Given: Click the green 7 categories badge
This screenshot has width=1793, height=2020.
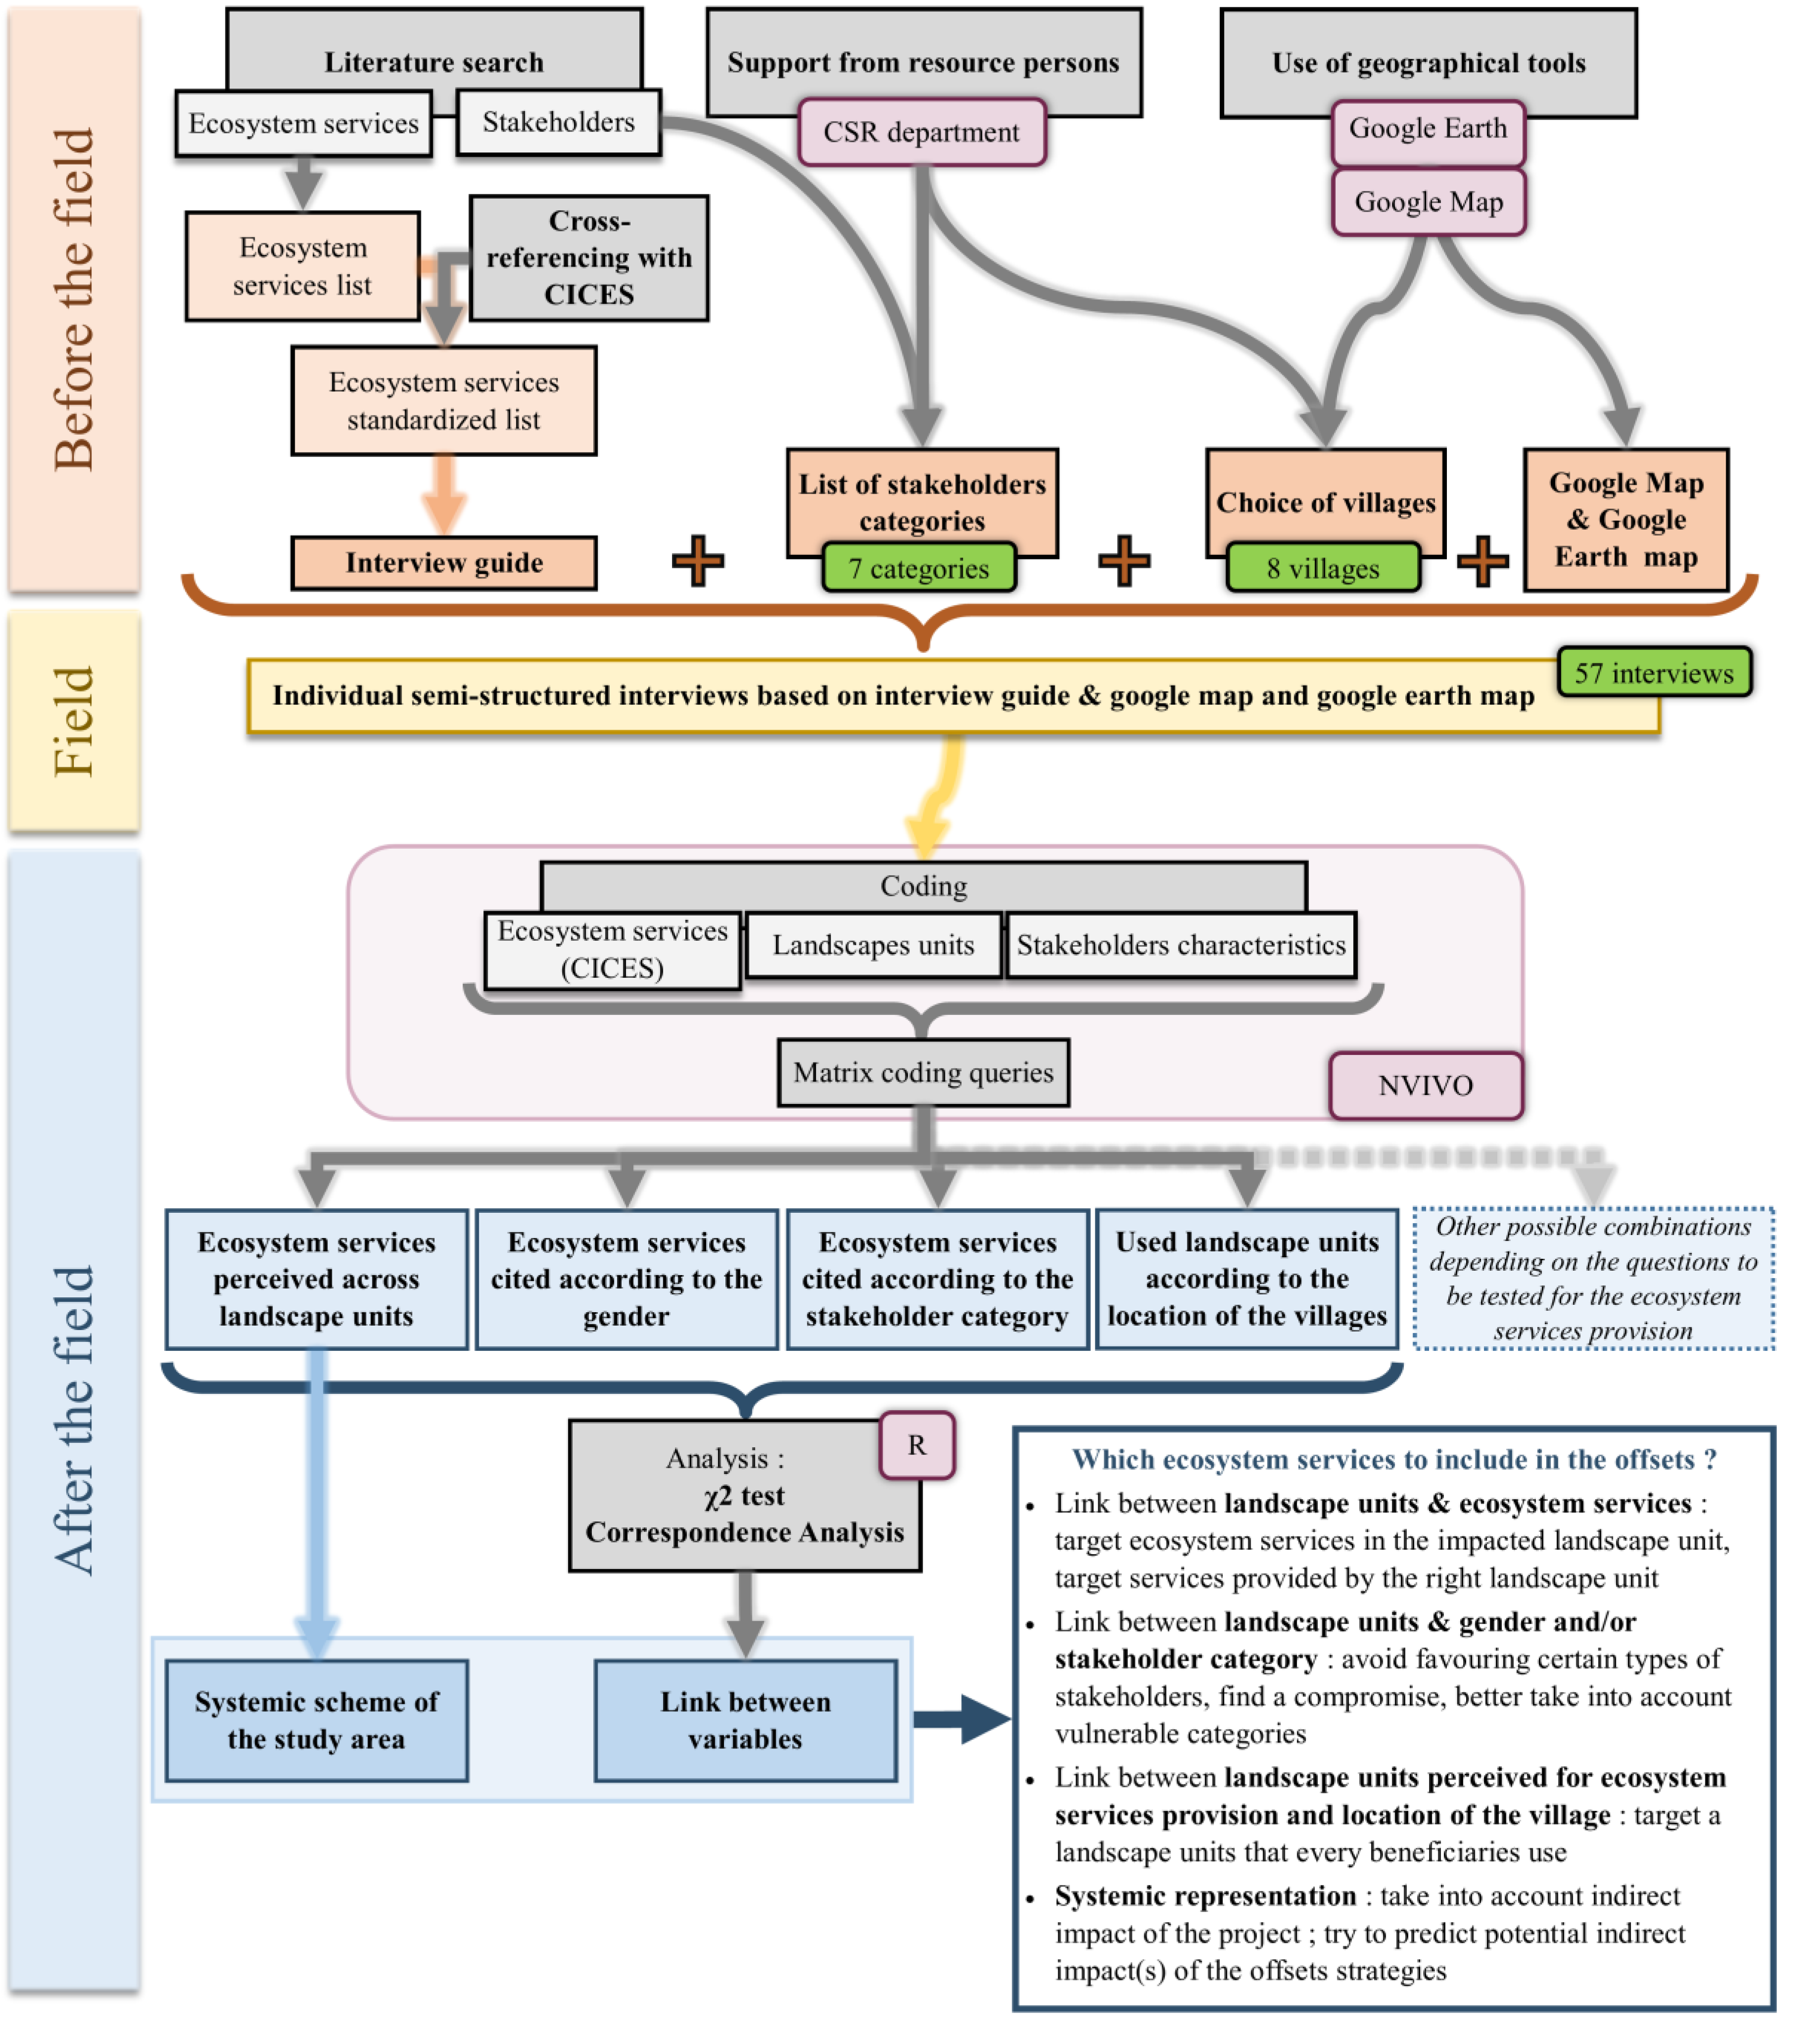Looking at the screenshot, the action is pos(919,568).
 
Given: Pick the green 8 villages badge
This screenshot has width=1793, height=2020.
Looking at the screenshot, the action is pos(1323,568).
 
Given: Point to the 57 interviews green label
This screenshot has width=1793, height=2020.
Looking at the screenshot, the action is pos(1654,673).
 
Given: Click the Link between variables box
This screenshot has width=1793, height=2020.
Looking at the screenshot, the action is pos(746,1721).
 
